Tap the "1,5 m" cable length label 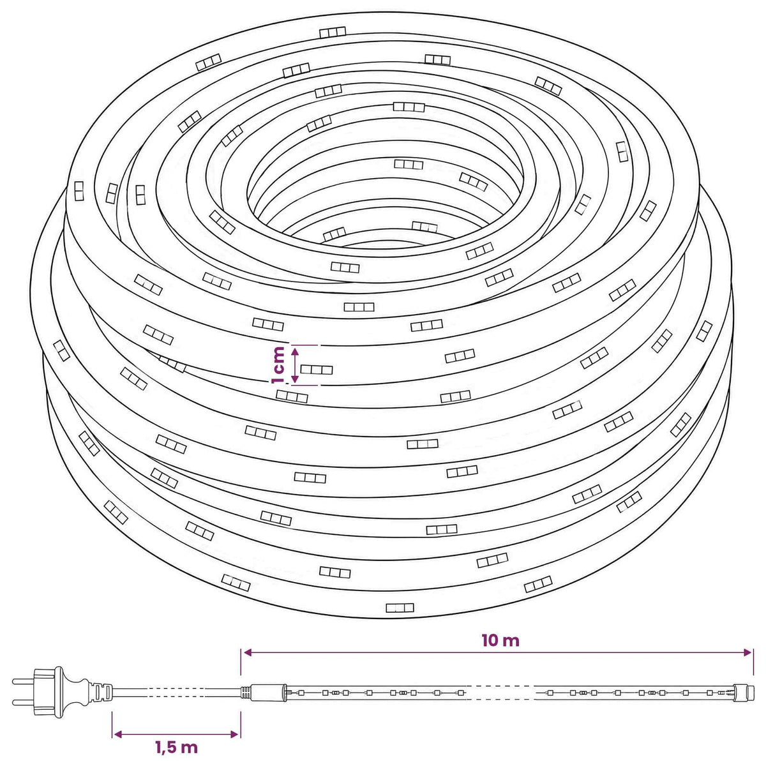point(176,747)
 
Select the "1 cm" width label point(278,365)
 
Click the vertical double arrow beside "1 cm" point(294,365)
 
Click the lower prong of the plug point(24,702)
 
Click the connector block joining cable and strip point(268,692)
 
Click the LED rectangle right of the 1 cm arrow point(317,370)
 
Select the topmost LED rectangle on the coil point(333,32)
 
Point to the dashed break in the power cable point(177,692)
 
